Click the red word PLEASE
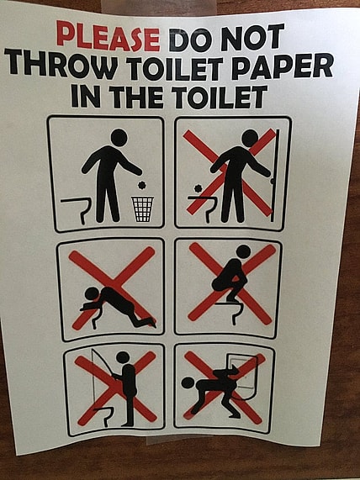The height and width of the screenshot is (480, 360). click(109, 36)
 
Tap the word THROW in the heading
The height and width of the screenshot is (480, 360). click(61, 64)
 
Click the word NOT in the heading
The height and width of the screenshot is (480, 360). click(251, 37)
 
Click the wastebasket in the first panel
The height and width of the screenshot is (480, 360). click(142, 209)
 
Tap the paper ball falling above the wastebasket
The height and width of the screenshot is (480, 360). click(141, 185)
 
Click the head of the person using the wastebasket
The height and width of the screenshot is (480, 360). click(119, 137)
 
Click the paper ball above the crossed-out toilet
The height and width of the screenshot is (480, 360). click(199, 188)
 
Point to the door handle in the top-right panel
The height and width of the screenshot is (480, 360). click(272, 182)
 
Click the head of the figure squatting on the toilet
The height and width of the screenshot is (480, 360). click(244, 252)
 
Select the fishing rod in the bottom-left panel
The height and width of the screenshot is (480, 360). click(103, 362)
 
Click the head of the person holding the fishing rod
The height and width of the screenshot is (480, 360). click(123, 357)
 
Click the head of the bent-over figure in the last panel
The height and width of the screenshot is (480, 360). click(188, 383)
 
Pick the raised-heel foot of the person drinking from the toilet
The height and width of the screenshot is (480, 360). click(150, 322)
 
